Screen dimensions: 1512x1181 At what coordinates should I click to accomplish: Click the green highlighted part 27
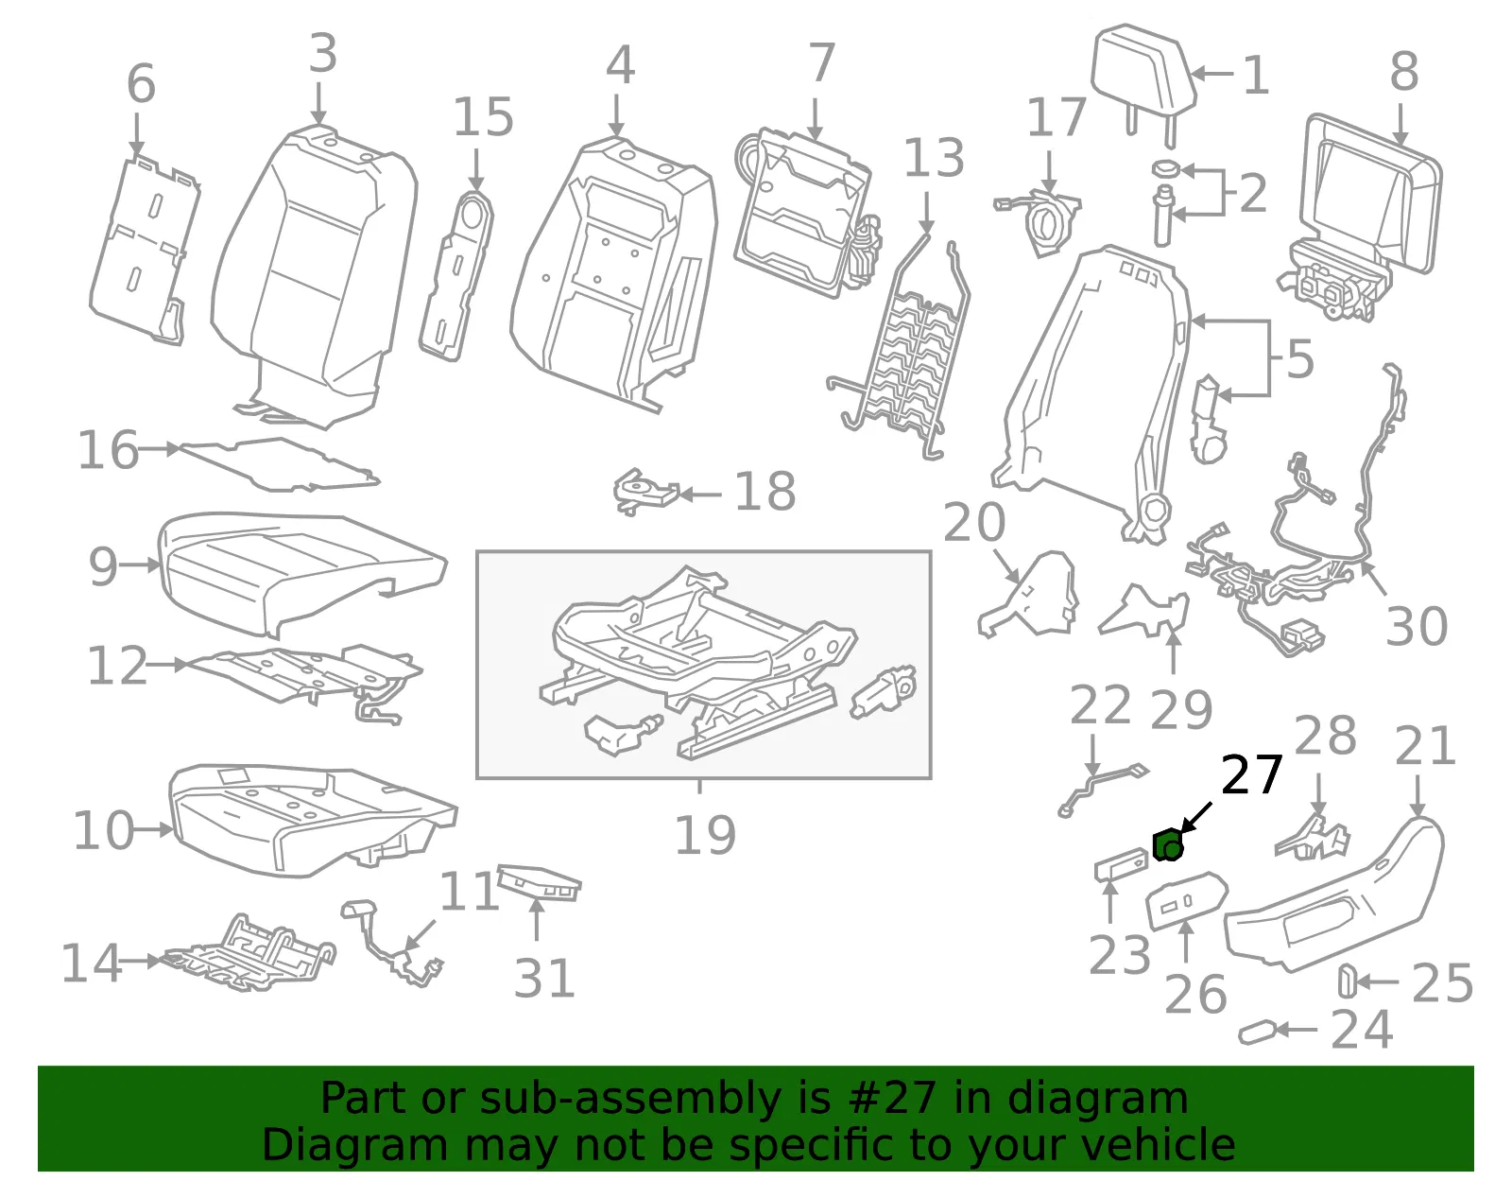pos(1168,845)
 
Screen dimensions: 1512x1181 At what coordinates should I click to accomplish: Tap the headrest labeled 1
pos(1143,77)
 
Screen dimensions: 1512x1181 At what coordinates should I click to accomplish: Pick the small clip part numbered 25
pos(1348,981)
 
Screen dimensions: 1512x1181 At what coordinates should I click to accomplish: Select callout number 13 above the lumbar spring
pos(934,158)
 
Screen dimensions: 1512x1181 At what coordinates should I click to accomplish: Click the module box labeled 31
pos(540,882)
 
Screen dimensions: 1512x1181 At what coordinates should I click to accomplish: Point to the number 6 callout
pos(141,83)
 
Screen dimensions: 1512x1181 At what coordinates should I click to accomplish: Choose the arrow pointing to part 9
pos(141,564)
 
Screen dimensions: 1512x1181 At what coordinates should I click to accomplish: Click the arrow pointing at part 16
pos(160,449)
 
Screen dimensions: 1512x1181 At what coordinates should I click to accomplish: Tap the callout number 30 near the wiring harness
pos(1417,626)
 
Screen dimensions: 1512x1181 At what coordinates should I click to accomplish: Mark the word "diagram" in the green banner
pos(1097,1098)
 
